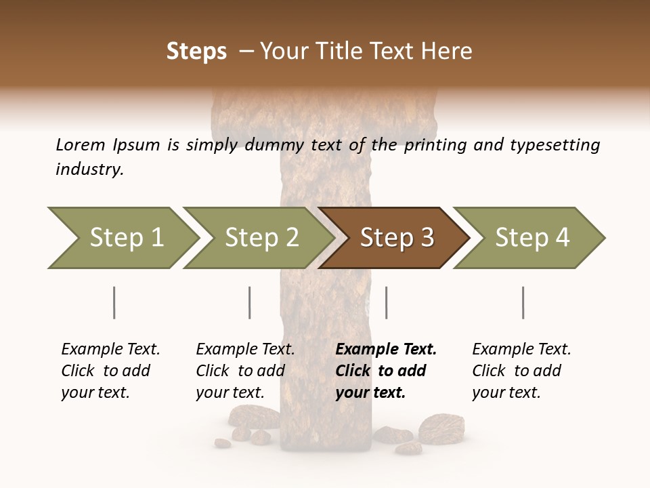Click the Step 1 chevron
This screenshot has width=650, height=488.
click(125, 237)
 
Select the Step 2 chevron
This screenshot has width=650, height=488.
click(261, 237)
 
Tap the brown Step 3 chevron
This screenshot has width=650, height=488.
click(396, 237)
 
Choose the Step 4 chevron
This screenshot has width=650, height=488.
click(532, 237)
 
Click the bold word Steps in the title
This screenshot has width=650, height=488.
click(196, 52)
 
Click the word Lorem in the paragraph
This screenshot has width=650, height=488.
click(81, 144)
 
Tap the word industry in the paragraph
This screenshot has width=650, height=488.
click(89, 169)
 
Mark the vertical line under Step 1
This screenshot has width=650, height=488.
click(114, 302)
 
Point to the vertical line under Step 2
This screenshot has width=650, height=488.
click(250, 302)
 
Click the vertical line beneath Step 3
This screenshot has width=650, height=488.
click(387, 302)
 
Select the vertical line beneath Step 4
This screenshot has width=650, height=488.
click(523, 302)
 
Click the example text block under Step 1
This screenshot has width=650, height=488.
click(110, 371)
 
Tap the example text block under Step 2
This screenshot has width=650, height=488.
click(245, 371)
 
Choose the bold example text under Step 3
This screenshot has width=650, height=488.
click(385, 371)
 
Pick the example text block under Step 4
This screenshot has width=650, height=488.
click(521, 371)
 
